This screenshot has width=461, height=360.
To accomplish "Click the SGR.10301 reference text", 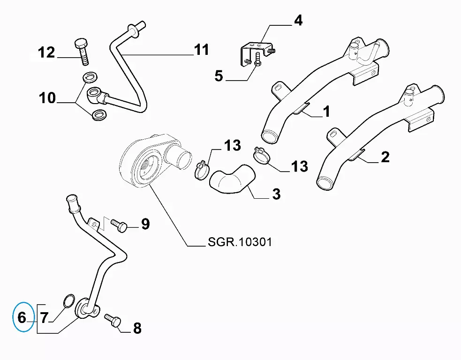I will [239, 242].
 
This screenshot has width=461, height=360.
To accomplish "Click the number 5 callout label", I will [219, 75].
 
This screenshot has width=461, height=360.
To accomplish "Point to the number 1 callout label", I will [326, 111].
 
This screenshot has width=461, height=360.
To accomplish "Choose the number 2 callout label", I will [385, 157].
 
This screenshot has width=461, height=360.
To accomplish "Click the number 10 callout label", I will [47, 98].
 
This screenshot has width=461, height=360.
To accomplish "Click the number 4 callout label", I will [298, 21].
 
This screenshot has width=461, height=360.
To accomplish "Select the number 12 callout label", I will [46, 52].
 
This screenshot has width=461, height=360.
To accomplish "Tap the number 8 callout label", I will [137, 329].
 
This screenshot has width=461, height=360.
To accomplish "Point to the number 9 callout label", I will [145, 224].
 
